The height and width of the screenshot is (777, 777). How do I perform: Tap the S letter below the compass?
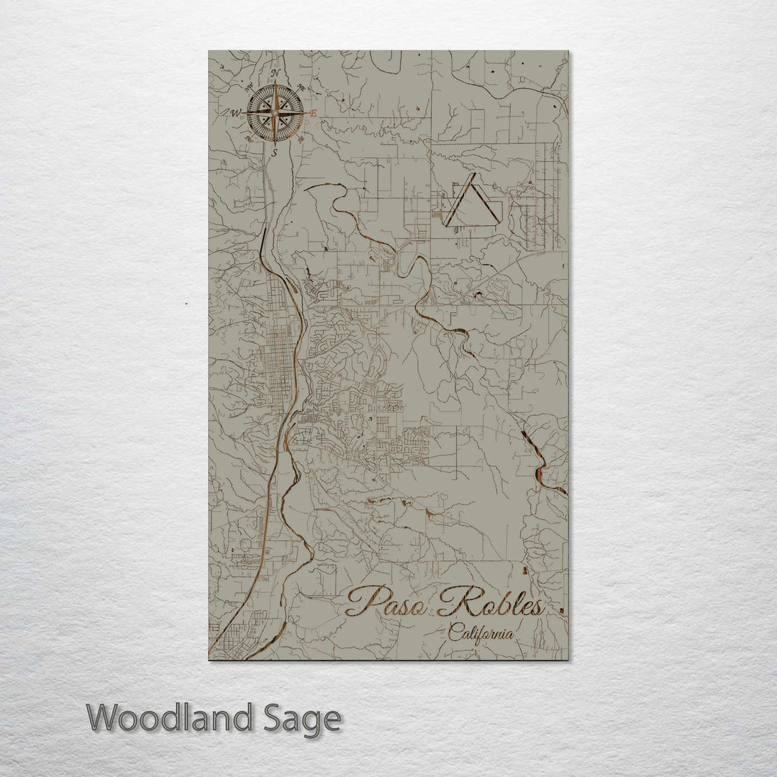pos(274,153)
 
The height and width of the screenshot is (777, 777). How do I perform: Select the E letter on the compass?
pos(313,114)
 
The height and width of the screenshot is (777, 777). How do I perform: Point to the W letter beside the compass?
pos(235,113)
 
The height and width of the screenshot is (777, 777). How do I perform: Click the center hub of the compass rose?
pos(274,112)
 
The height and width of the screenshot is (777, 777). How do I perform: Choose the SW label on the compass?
pos(249,138)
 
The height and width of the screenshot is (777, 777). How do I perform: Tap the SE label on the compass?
pos(301,138)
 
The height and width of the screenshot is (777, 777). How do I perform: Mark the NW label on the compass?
pos(249,88)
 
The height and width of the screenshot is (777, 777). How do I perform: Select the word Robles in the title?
pos(490,603)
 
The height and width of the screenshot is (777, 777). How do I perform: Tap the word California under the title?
pos(481,634)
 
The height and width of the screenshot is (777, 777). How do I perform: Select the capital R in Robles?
pos(453,601)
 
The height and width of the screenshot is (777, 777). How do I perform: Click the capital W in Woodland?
pos(105,718)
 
